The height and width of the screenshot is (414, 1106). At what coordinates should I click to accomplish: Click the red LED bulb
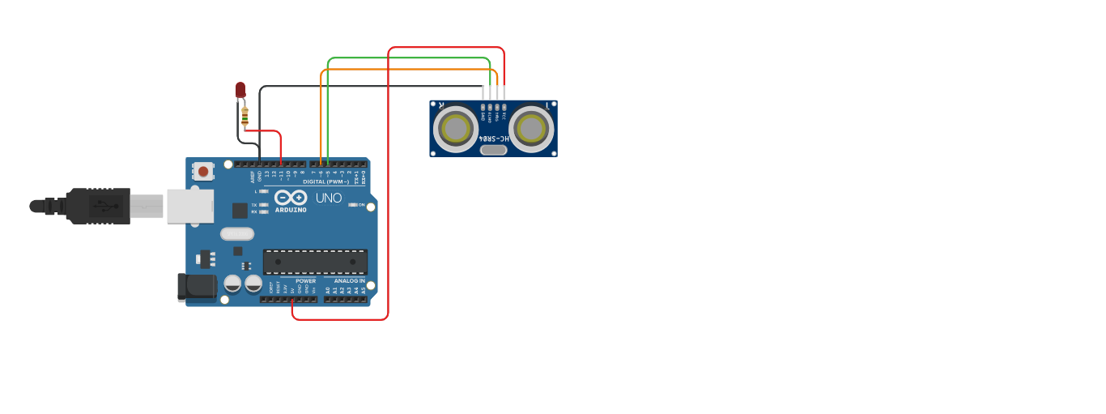[240, 90]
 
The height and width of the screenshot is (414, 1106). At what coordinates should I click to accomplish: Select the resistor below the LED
[245, 117]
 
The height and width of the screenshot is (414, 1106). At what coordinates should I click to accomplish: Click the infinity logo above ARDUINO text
[290, 197]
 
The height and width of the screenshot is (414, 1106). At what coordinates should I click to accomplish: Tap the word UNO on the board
[329, 198]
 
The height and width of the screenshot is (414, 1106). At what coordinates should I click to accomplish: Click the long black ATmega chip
[315, 262]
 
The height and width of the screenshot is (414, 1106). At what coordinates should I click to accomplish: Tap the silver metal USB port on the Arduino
[190, 206]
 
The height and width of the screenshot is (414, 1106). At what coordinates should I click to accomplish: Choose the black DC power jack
[197, 286]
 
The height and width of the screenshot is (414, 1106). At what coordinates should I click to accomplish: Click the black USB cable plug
[98, 206]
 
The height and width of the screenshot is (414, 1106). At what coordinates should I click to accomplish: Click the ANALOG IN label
[350, 281]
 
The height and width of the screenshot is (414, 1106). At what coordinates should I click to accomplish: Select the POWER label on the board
[305, 281]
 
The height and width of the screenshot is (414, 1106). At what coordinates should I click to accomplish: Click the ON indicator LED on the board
[352, 205]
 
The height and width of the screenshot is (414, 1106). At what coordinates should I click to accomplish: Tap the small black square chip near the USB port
[240, 211]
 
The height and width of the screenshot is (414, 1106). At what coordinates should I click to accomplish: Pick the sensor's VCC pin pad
[504, 106]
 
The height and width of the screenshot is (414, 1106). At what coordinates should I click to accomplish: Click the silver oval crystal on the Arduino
[236, 233]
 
